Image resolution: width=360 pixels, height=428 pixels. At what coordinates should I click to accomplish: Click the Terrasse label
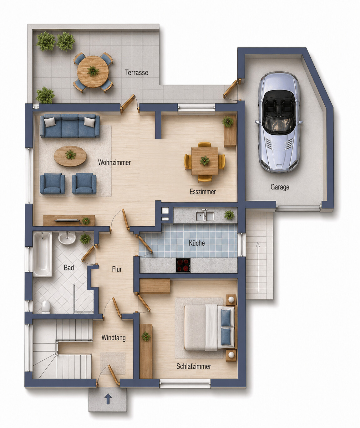point(137,73)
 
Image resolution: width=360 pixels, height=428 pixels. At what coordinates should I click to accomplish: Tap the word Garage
point(280,187)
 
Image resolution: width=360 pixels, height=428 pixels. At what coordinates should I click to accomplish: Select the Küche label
point(197,243)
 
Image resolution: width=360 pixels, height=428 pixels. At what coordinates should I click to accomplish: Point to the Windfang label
point(114,338)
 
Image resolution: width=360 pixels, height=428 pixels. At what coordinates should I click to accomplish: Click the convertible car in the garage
point(279,122)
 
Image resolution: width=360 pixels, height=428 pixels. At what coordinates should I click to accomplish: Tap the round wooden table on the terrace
point(93,71)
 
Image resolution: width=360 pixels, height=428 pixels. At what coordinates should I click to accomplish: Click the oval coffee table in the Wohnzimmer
point(70,156)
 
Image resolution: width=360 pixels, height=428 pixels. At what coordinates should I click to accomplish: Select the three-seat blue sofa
point(70,126)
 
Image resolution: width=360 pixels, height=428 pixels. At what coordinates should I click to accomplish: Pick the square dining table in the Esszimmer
point(205,161)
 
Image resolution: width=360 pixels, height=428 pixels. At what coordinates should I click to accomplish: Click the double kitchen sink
point(205,216)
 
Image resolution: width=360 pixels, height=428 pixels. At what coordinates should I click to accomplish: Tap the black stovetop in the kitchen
point(183,265)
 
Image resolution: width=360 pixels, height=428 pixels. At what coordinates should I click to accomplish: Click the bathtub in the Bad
point(43,254)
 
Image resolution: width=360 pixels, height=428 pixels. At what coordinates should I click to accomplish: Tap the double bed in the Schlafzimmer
point(209,327)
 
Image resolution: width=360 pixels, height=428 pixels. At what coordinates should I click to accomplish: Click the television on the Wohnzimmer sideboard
point(67,220)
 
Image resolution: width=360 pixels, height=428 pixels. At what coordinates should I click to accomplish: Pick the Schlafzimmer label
point(194,366)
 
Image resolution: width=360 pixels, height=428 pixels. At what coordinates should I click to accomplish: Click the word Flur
point(117,269)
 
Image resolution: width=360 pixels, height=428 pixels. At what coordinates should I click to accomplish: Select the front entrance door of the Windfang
point(114,375)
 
